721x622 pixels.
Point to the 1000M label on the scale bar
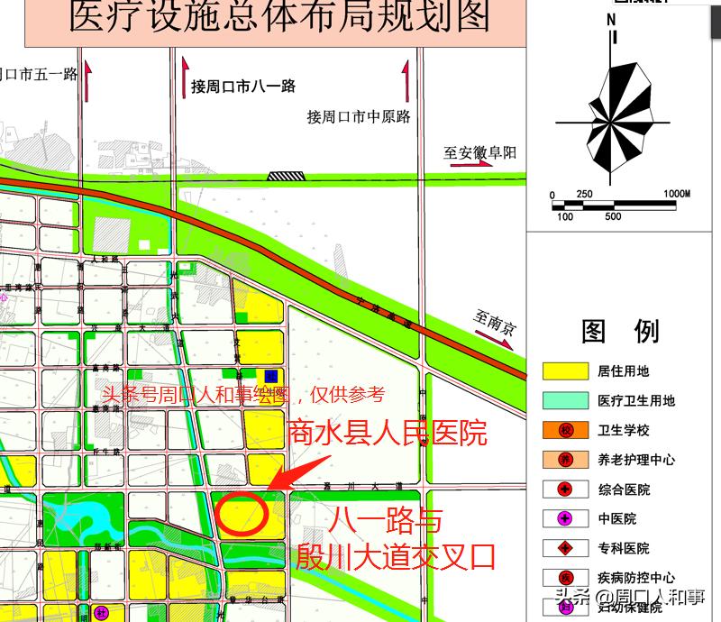(x=676, y=194)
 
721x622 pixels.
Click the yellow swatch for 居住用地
(x=560, y=370)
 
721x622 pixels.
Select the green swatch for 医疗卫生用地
(x=560, y=400)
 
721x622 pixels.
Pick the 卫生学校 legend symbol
(x=565, y=430)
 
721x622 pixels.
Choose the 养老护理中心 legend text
(x=635, y=460)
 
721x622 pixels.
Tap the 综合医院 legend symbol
(x=565, y=489)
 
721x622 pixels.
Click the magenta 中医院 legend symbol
(x=565, y=518)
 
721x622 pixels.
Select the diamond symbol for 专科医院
(x=565, y=548)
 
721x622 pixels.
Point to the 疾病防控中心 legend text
(x=635, y=578)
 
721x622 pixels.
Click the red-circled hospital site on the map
(x=242, y=513)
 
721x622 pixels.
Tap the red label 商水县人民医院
(x=387, y=433)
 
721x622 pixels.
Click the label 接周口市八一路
(x=243, y=87)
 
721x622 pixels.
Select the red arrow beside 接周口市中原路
(x=406, y=80)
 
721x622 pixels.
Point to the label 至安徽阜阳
(x=479, y=152)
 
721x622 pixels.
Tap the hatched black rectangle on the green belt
(x=286, y=176)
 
